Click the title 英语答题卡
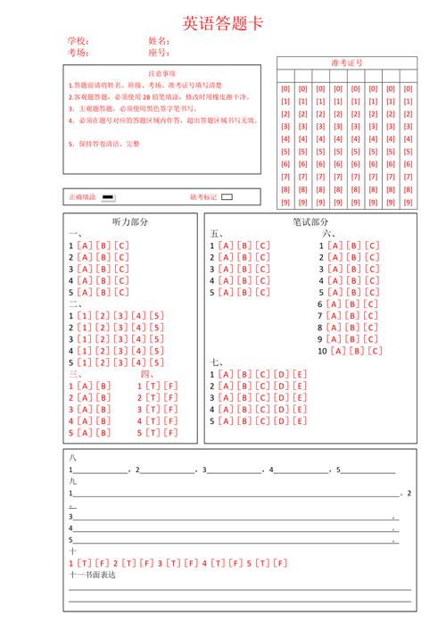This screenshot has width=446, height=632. coord(223,22)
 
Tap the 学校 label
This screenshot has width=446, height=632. coord(78,42)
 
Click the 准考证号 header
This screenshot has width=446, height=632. coord(346,63)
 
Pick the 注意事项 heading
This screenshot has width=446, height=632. coord(161,72)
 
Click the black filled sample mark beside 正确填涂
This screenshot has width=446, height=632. coord(108,196)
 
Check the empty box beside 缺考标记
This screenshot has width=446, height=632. coord(227,196)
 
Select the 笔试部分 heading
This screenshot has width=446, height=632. coord(310,222)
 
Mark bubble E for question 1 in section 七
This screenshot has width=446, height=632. coord(300,374)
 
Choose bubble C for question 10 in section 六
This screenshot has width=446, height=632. coord(373,351)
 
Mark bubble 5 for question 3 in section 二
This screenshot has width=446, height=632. coord(157,339)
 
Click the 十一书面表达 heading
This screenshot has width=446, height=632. coord(92,575)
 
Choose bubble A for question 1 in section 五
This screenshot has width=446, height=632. coord(224,245)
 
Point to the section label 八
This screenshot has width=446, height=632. coord(73,457)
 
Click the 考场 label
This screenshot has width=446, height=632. coord(78,53)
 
